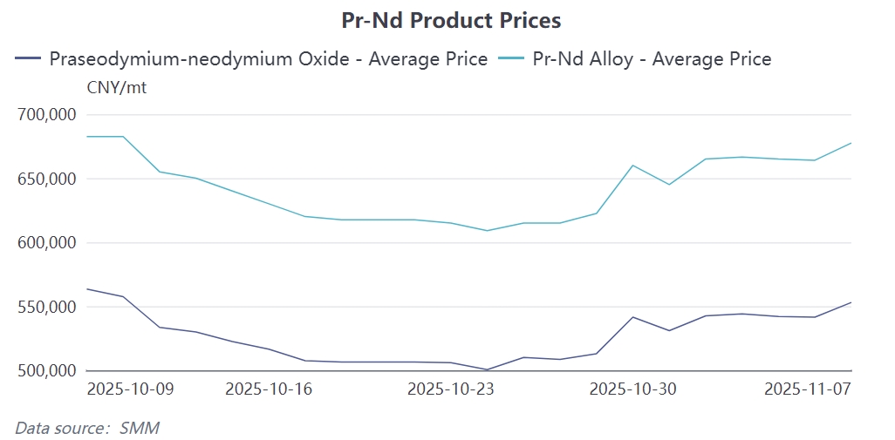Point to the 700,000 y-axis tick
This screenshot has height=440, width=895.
(47, 115)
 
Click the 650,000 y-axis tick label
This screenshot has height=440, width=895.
(47, 179)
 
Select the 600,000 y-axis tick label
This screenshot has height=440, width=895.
(47, 243)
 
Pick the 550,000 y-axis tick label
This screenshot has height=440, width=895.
(47, 307)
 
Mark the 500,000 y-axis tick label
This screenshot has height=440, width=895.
(47, 371)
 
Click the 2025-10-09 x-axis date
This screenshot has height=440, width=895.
(130, 389)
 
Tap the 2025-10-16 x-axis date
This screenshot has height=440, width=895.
(269, 389)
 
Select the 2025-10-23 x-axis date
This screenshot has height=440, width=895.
(451, 389)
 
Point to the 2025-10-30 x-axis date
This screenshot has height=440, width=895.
(632, 389)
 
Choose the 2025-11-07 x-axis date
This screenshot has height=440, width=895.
(807, 389)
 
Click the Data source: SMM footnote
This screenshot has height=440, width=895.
(87, 428)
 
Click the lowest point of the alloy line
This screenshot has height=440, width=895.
(487, 231)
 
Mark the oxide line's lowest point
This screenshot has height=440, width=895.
(487, 369)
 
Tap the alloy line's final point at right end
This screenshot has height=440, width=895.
(851, 143)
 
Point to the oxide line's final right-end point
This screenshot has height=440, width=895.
(851, 302)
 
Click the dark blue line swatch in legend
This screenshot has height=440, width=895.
(29, 59)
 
